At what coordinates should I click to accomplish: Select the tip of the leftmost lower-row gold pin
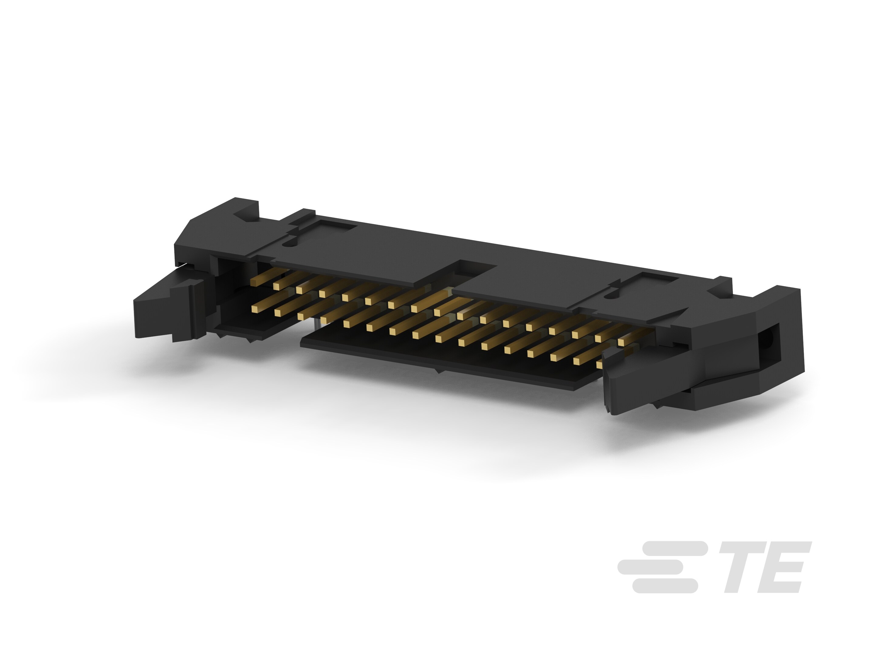pyautogui.click(x=255, y=308)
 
